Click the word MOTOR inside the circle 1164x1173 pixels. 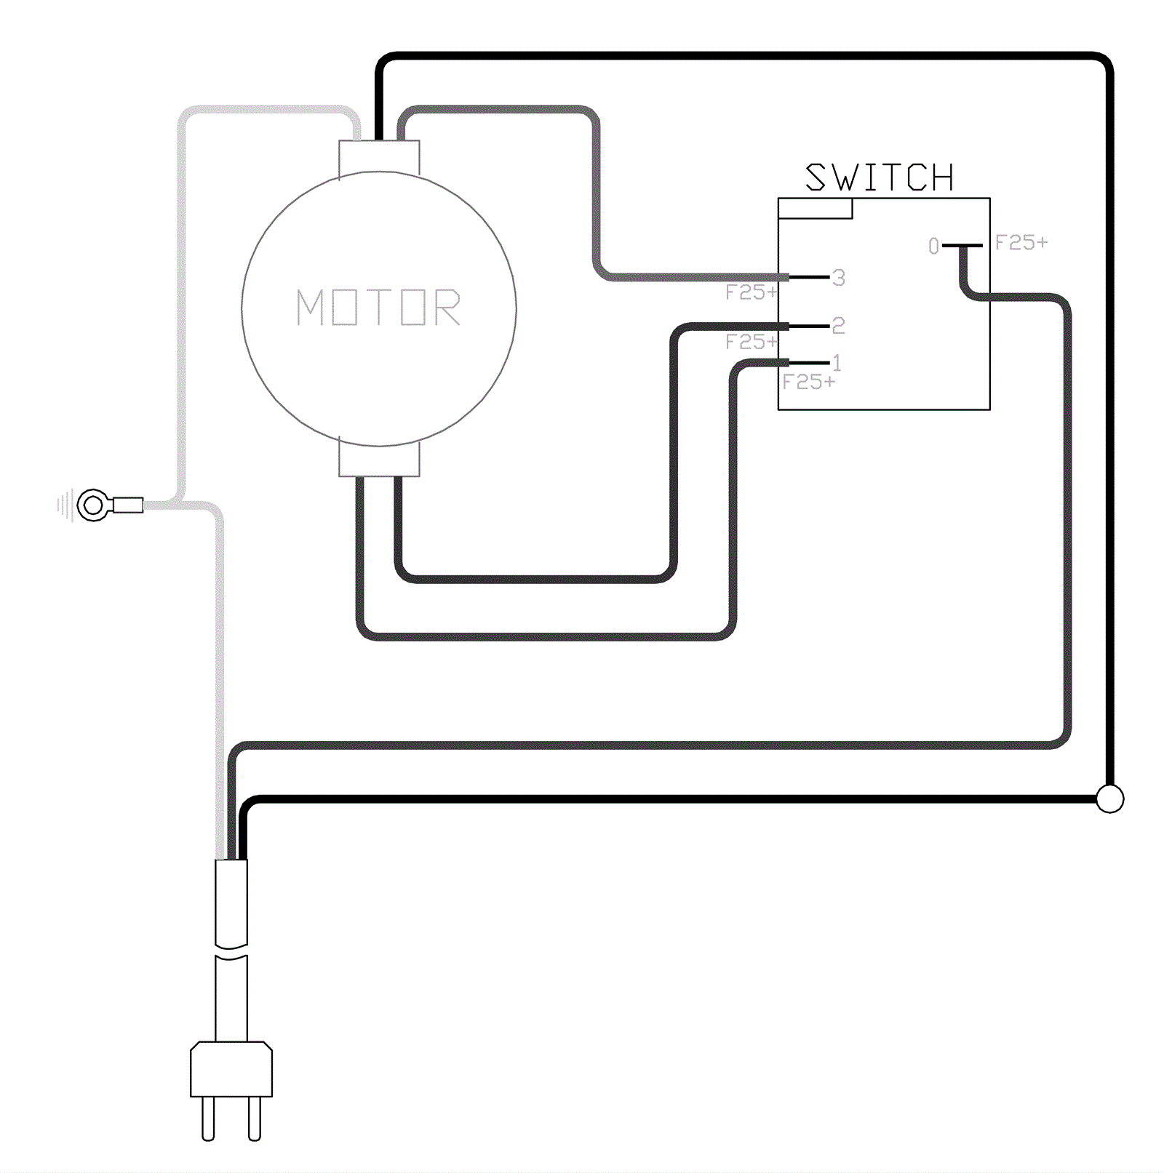click(378, 307)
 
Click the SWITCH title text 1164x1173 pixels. click(879, 177)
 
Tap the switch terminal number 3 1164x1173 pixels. click(839, 278)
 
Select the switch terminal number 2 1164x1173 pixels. click(839, 325)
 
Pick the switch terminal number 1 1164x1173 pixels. click(837, 362)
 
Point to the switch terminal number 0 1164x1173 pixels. click(933, 247)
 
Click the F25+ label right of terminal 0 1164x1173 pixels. click(1021, 243)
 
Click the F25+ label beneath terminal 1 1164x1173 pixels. click(808, 382)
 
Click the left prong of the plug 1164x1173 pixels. click(208, 1118)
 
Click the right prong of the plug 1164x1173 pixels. click(254, 1118)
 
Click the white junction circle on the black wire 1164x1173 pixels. click(1109, 798)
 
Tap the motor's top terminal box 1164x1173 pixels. click(379, 157)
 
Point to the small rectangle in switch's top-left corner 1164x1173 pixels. click(815, 209)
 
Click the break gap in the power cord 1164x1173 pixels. click(231, 950)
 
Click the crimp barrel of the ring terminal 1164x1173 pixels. click(128, 505)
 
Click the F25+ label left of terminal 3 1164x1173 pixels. click(751, 292)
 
